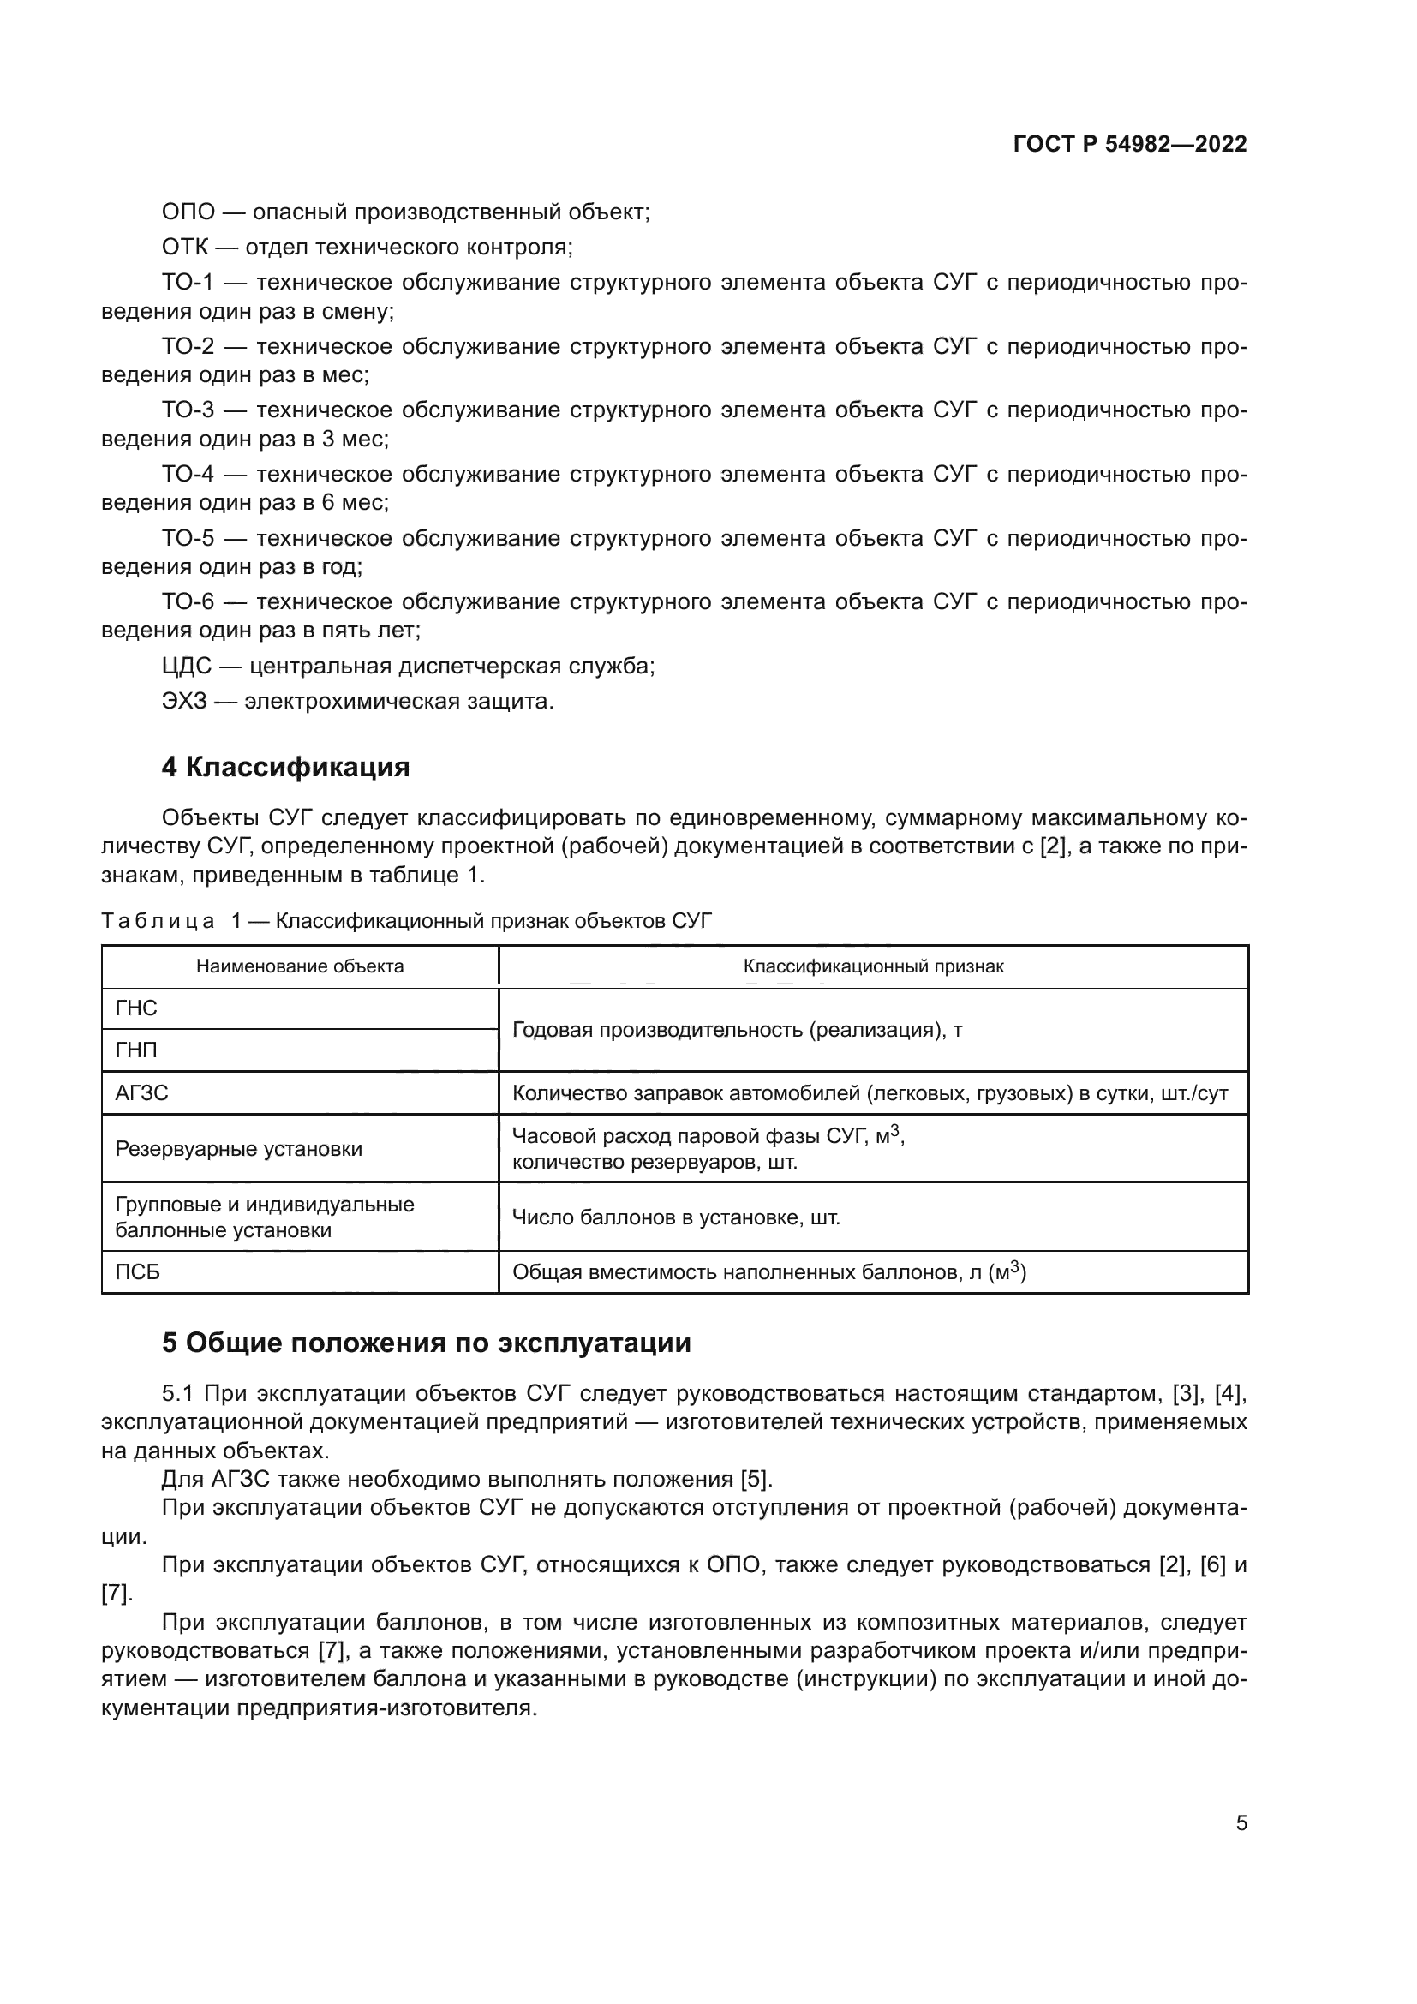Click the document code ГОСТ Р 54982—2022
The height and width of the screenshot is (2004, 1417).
[1130, 145]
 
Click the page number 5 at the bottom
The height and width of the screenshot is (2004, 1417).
[1241, 1822]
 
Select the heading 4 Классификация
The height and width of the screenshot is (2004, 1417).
[285, 767]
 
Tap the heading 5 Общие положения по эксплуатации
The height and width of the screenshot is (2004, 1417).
[426, 1343]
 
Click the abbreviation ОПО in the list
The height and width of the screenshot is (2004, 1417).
[188, 212]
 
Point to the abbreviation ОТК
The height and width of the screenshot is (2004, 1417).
[185, 248]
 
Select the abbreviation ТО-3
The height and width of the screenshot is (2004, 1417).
[188, 410]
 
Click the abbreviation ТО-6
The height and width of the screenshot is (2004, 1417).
[188, 602]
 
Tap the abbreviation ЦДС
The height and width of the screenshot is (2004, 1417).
[187, 666]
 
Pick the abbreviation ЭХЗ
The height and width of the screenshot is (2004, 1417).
[185, 701]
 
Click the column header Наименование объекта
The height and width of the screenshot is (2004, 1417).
[300, 966]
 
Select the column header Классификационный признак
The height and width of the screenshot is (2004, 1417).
[873, 966]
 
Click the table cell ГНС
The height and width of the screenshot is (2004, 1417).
[136, 1008]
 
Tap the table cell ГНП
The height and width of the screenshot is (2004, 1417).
[136, 1050]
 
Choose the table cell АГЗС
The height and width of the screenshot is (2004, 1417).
[141, 1092]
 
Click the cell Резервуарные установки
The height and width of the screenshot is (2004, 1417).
[238, 1149]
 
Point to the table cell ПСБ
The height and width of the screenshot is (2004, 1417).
[138, 1272]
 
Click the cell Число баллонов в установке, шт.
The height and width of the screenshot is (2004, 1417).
[676, 1217]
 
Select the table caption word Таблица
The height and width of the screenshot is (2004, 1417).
[158, 921]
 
